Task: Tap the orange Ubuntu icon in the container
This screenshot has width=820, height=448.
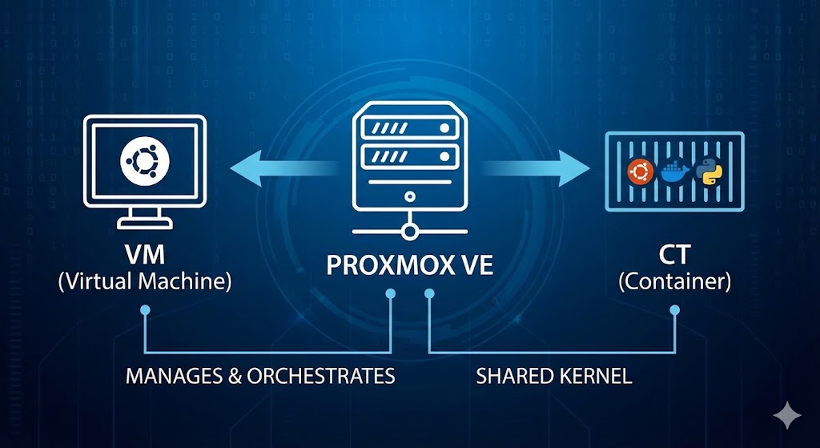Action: pyautogui.click(x=640, y=171)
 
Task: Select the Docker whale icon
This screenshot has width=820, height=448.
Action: pyautogui.click(x=673, y=172)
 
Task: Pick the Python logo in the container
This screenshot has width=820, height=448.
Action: pyautogui.click(x=707, y=171)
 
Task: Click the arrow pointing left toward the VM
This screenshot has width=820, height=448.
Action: pyautogui.click(x=280, y=167)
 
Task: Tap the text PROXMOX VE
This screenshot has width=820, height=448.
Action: pyautogui.click(x=409, y=264)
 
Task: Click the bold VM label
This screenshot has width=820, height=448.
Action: pyautogui.click(x=145, y=256)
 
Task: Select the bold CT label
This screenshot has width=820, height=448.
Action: pyautogui.click(x=673, y=256)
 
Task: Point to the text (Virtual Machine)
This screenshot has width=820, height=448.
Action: pyautogui.click(x=145, y=282)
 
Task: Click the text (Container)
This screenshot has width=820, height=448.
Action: pyautogui.click(x=673, y=282)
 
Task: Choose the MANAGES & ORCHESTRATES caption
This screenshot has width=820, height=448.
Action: pyautogui.click(x=260, y=376)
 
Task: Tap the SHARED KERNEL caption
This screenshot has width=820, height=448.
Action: pyautogui.click(x=554, y=376)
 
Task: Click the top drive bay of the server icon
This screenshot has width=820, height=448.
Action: pyautogui.click(x=409, y=127)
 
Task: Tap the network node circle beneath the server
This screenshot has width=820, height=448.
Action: pyautogui.click(x=410, y=232)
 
